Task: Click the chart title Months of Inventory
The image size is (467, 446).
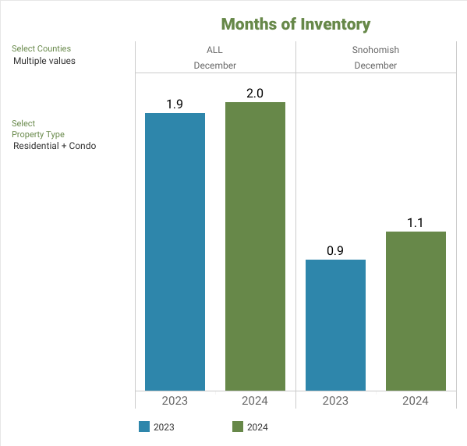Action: (x=295, y=24)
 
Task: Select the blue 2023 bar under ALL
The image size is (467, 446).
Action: (x=175, y=252)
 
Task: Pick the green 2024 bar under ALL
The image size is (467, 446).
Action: (x=255, y=246)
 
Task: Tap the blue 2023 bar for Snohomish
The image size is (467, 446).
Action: (x=335, y=325)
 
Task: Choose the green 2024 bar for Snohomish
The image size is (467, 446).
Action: (x=416, y=311)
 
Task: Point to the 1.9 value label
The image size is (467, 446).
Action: (x=175, y=104)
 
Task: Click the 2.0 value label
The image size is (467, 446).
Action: (x=255, y=94)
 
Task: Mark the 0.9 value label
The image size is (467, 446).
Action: (x=335, y=251)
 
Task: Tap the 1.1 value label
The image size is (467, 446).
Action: (x=416, y=223)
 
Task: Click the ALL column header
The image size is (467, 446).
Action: (x=214, y=50)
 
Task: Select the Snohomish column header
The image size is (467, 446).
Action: (x=376, y=50)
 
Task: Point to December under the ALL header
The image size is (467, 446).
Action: (x=214, y=65)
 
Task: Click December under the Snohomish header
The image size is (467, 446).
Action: (x=376, y=65)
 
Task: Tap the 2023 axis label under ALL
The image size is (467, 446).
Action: (x=175, y=401)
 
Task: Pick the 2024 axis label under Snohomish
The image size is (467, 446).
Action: (x=416, y=401)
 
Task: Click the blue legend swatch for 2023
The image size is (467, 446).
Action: (x=144, y=427)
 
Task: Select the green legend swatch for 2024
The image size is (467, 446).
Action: (x=238, y=427)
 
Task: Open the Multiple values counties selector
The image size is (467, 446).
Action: (x=44, y=61)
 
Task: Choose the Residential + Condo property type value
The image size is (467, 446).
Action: (x=55, y=146)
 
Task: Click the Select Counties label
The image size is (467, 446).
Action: (x=41, y=48)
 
